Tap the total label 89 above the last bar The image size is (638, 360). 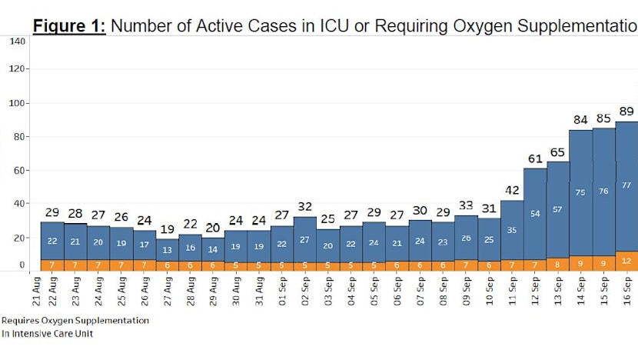click(x=626, y=112)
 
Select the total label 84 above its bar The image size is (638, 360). click(x=580, y=119)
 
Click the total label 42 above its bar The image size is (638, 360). click(x=512, y=190)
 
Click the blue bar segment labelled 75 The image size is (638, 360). click(x=580, y=192)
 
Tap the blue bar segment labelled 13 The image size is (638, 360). click(x=168, y=249)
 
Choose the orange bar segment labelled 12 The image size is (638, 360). click(x=626, y=262)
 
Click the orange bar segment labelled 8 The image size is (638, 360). click(x=558, y=265)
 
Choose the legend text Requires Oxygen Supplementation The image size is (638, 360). click(x=75, y=319)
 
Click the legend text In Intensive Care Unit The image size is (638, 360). click(x=47, y=334)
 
